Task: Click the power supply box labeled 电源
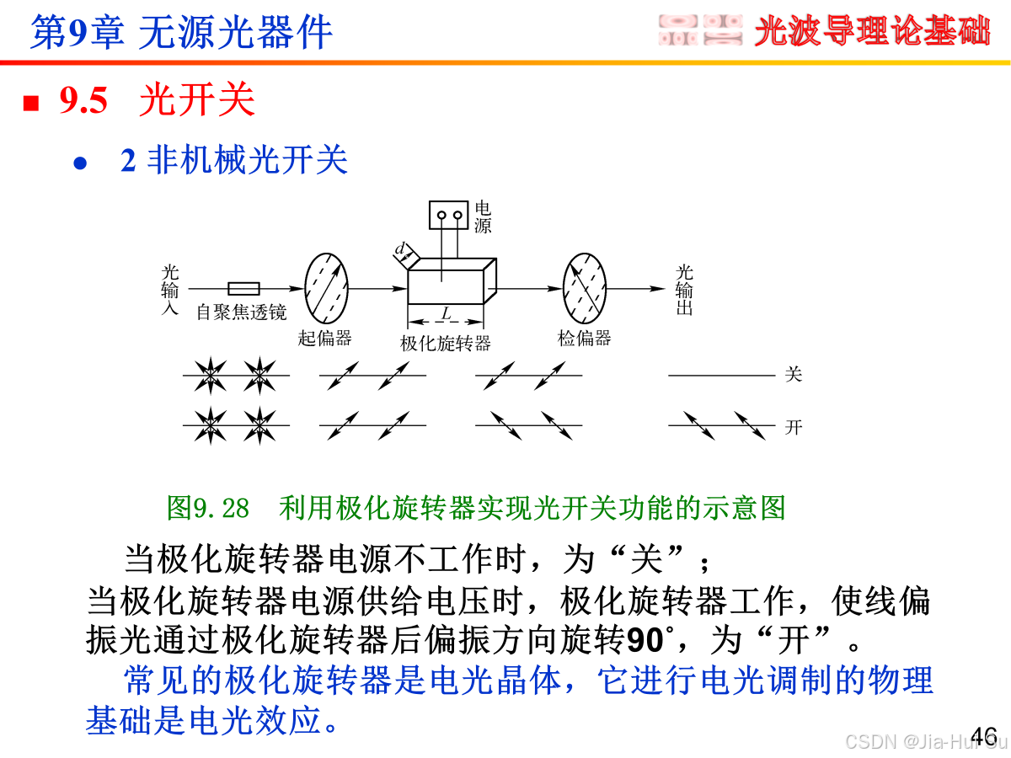448,216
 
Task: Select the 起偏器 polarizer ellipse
325,288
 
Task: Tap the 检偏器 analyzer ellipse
585,288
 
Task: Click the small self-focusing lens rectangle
244,288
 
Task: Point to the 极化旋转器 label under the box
446,343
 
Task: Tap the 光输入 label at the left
170,290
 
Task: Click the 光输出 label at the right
685,290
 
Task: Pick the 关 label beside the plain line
793,375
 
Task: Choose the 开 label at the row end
793,427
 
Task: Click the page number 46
983,734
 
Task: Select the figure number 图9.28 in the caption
208,508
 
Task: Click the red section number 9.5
83,102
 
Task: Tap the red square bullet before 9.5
32,104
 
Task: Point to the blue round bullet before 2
81,163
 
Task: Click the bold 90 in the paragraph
645,641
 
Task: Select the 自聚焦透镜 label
241,312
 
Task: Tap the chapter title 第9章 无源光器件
181,33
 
